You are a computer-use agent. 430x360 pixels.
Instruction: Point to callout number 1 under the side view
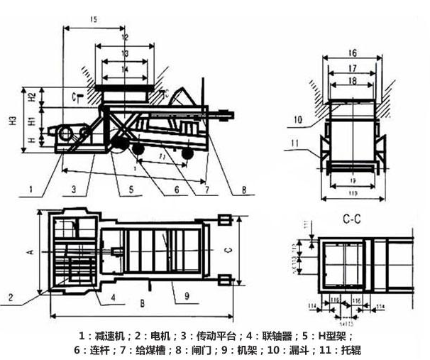tap(31, 189)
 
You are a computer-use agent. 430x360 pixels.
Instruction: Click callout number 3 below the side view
tap(73, 189)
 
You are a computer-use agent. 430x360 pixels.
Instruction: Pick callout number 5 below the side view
tap(131, 189)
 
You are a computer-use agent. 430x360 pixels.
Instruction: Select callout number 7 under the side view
tap(206, 189)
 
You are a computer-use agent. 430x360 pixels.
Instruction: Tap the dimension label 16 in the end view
tap(353, 53)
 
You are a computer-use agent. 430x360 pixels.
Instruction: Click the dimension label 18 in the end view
tap(353, 82)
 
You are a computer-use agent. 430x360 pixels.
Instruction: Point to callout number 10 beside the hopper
tap(297, 119)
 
